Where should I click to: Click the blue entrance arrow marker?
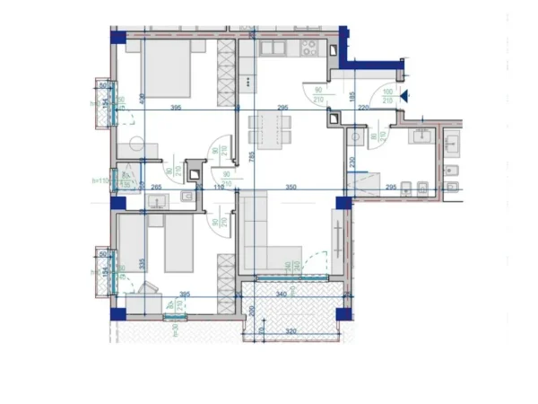404,94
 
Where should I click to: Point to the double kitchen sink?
271,48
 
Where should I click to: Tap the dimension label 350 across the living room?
290,187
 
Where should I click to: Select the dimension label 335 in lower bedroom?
142,263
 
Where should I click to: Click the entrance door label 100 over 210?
387,95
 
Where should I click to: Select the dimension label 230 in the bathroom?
352,162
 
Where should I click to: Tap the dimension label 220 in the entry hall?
362,108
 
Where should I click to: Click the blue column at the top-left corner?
116,37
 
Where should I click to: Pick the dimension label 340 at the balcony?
281,294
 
